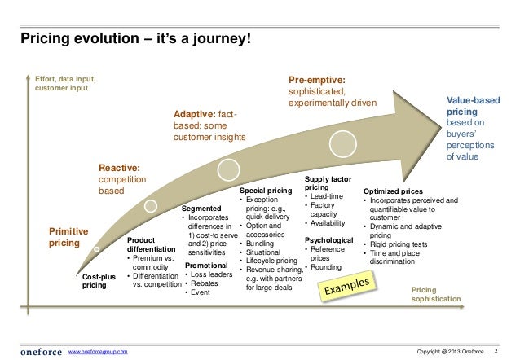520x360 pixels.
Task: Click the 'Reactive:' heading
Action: point(119,166)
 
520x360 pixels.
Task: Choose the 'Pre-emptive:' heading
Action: point(317,81)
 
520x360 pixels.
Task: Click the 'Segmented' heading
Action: point(201,209)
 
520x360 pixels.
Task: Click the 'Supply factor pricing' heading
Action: point(328,182)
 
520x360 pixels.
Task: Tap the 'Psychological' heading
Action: point(328,240)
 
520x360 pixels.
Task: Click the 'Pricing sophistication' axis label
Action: point(435,294)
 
